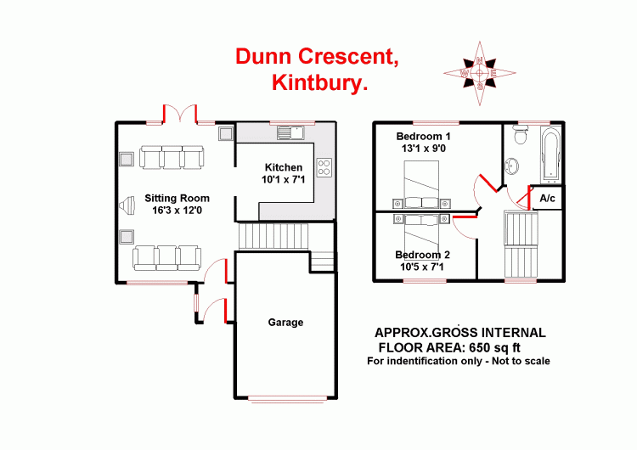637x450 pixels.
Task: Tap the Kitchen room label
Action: (281, 166)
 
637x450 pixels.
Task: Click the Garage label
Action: (285, 323)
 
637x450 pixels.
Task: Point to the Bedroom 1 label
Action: (423, 137)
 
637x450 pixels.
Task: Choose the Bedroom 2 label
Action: (423, 255)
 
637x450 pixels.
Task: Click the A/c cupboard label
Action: (547, 199)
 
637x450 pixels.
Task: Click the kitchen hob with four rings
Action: (324, 166)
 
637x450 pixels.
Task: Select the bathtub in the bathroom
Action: (550, 156)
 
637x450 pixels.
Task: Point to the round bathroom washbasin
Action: (512, 165)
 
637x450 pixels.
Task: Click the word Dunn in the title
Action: (264, 57)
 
